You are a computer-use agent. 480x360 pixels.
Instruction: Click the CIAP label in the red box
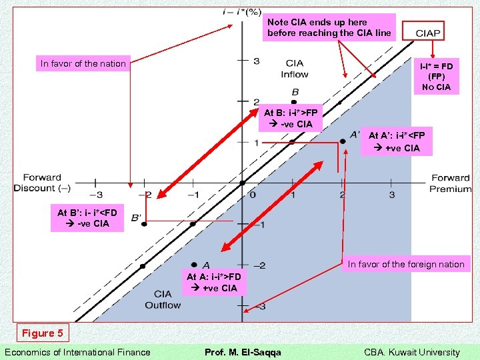point(428,33)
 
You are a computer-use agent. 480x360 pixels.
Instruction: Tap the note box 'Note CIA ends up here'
point(329,27)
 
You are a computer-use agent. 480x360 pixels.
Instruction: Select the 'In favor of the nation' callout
point(83,64)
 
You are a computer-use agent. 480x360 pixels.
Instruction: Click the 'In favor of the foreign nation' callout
point(406,264)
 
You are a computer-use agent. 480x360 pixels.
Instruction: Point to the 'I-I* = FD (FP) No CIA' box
point(435,77)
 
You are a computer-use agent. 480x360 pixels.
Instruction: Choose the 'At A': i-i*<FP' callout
point(397,141)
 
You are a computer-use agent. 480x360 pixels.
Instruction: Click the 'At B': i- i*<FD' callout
point(87,218)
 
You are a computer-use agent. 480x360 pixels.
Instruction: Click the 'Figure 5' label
point(43,333)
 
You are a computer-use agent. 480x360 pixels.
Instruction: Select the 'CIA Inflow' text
point(294,69)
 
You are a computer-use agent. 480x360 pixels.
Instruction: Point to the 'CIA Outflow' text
point(163,299)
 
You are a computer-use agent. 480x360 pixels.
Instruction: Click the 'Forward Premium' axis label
point(450,183)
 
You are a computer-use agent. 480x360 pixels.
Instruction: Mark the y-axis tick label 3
point(256,61)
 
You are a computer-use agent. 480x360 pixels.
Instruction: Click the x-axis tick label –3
point(96,194)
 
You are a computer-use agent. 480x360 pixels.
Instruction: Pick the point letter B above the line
point(295,92)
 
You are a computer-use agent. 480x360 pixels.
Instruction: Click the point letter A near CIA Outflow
point(206,265)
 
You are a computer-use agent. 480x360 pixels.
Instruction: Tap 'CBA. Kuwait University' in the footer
point(411,352)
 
